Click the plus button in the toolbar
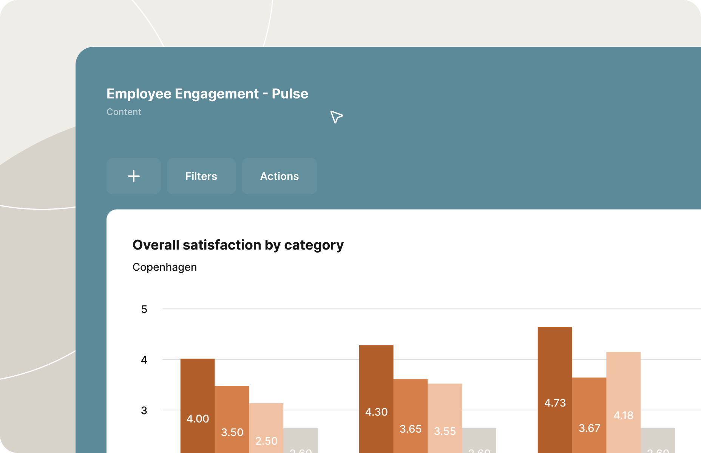[133, 176]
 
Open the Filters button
[201, 176]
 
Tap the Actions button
[279, 176]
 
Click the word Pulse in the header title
[290, 94]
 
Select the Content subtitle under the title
[124, 112]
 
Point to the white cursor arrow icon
[336, 116]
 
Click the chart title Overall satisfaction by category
[238, 245]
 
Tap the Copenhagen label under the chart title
[164, 267]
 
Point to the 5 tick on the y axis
[144, 310]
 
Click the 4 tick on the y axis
[144, 360]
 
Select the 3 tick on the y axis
[144, 410]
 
